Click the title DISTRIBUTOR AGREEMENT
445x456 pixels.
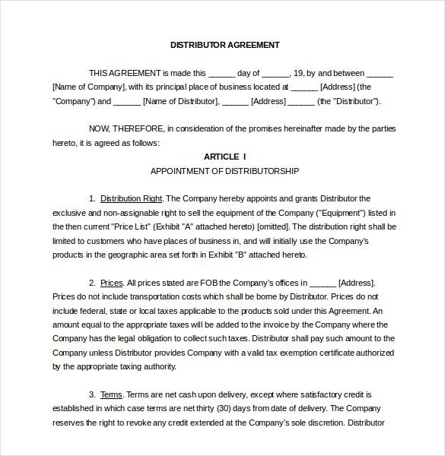pyautogui.click(x=224, y=45)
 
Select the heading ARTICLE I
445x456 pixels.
pyautogui.click(x=224, y=157)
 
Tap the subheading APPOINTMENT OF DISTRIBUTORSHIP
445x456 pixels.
pyautogui.click(x=224, y=170)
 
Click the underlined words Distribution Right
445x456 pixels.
pyautogui.click(x=131, y=198)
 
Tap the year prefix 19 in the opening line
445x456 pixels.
pyautogui.click(x=299, y=73)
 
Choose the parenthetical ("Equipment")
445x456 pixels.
pyautogui.click(x=340, y=213)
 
